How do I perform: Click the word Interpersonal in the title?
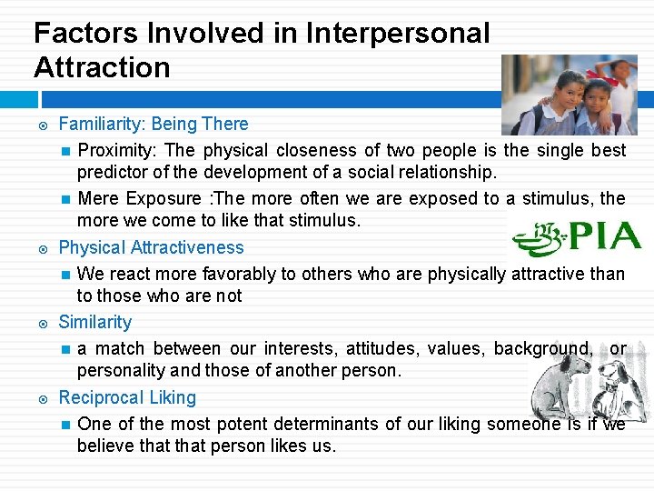tap(398, 34)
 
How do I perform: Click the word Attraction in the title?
tap(102, 67)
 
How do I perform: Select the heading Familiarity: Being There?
tap(153, 124)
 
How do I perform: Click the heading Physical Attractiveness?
tap(151, 247)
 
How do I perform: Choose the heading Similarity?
tap(94, 322)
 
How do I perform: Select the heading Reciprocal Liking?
tap(127, 397)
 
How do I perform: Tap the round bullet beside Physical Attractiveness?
tap(40, 248)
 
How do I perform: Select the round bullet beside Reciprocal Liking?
tap(40, 398)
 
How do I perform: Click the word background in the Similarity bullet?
tap(541, 349)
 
